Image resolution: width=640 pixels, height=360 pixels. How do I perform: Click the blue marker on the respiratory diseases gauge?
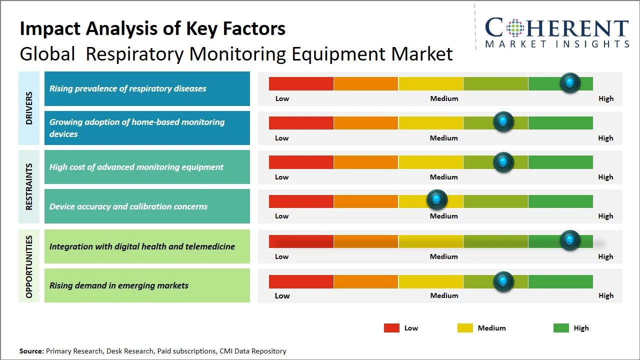click(x=570, y=83)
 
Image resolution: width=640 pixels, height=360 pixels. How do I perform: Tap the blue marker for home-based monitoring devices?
click(x=503, y=121)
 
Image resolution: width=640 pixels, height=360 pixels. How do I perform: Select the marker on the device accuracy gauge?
click(x=437, y=200)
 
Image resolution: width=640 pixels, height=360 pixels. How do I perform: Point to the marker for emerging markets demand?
click(x=503, y=281)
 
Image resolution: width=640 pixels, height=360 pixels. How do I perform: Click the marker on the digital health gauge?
click(x=570, y=240)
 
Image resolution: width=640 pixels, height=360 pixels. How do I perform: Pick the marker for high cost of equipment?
click(x=503, y=162)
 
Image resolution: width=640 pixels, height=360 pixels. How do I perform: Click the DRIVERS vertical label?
click(x=29, y=108)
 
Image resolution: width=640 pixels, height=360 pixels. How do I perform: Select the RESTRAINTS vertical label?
click(x=29, y=186)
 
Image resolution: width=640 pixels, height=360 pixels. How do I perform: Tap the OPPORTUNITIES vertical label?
click(x=29, y=266)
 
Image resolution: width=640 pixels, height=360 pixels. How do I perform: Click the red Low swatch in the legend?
click(x=391, y=328)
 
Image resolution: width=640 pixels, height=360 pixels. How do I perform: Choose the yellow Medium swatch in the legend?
click(x=465, y=328)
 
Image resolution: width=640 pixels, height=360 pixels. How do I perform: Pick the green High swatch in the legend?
click(x=561, y=328)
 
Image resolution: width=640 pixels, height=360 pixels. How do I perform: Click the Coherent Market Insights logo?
click(x=557, y=33)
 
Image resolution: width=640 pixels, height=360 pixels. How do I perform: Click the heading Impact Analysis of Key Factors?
click(x=152, y=28)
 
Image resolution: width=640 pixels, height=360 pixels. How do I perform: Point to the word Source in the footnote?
click(x=31, y=351)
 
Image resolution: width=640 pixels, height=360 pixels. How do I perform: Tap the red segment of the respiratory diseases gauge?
click(x=301, y=83)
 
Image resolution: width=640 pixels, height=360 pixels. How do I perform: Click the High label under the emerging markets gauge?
click(x=605, y=295)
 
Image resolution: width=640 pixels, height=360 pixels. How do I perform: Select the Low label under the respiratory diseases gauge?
click(x=282, y=98)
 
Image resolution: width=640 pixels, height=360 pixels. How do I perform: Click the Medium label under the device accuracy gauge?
click(x=443, y=216)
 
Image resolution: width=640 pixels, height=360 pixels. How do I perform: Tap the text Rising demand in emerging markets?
click(x=119, y=285)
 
